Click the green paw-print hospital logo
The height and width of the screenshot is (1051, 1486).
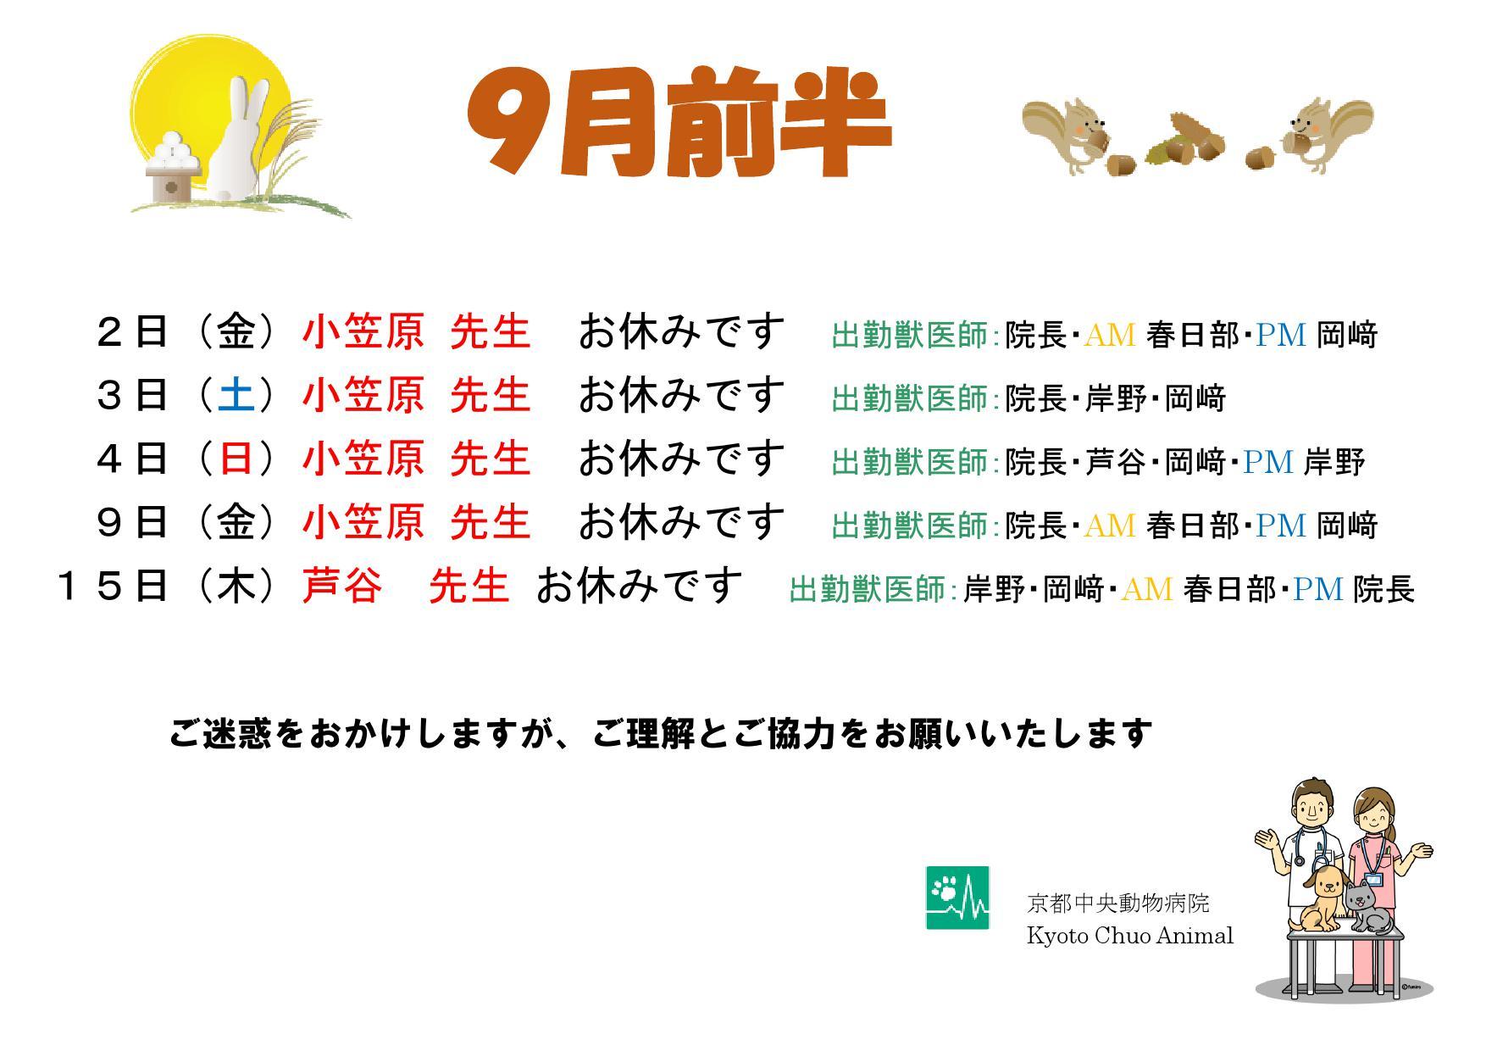(x=957, y=898)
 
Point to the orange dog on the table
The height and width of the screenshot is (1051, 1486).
(x=1318, y=898)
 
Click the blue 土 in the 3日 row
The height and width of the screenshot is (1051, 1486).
(x=236, y=396)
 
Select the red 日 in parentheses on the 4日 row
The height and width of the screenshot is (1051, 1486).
(x=236, y=459)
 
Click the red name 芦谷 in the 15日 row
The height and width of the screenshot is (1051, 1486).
(x=342, y=586)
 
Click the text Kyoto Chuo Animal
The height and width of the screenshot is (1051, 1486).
(x=1129, y=937)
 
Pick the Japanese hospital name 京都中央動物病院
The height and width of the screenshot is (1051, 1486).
(x=1117, y=904)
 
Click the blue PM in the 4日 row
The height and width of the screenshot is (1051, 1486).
(x=1268, y=462)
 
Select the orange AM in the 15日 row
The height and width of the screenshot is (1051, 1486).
(x=1147, y=588)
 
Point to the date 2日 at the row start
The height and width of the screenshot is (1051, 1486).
(x=131, y=332)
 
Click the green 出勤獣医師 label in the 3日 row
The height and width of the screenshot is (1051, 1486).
(x=910, y=398)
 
